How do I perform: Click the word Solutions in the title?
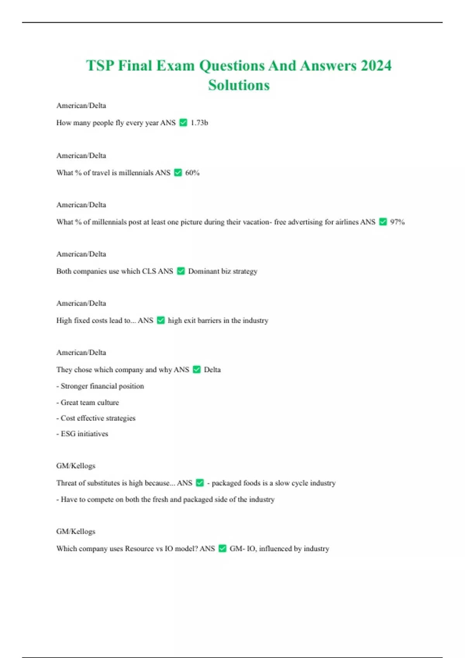[x=239, y=85]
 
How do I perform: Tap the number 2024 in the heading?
[x=376, y=65]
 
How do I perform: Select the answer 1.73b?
[x=199, y=123]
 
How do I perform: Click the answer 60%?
[x=192, y=173]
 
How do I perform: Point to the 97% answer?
[x=397, y=222]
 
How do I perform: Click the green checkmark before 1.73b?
[x=183, y=123]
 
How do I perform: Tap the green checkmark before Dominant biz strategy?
[x=181, y=271]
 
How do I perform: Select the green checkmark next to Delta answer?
[x=196, y=370]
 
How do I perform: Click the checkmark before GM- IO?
[x=222, y=548]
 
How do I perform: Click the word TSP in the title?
[x=100, y=65]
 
